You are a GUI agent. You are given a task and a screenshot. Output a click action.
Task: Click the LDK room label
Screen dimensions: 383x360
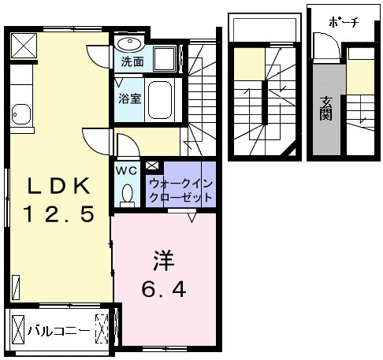click(x=59, y=186)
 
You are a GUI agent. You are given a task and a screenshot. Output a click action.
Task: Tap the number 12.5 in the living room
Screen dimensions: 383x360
click(x=59, y=214)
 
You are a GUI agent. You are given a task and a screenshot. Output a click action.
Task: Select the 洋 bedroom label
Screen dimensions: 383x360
click(x=164, y=261)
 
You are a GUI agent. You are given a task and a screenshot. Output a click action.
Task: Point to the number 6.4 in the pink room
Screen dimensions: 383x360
click(x=164, y=289)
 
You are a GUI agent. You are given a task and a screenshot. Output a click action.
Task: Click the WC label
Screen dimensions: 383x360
click(x=127, y=171)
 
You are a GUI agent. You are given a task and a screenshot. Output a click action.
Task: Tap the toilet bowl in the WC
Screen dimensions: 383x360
click(x=128, y=194)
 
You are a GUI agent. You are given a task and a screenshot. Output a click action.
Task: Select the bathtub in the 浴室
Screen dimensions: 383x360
click(x=160, y=100)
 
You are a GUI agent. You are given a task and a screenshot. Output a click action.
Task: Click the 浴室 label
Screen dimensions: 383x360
click(x=130, y=98)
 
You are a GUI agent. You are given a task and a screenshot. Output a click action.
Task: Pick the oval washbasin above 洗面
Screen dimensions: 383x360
click(x=129, y=44)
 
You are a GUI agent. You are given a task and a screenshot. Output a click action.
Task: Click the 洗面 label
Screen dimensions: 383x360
click(x=132, y=61)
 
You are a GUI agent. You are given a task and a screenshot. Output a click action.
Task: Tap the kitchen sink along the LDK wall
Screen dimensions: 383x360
click(x=21, y=114)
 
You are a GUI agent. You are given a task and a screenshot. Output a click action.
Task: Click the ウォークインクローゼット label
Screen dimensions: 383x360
click(x=181, y=190)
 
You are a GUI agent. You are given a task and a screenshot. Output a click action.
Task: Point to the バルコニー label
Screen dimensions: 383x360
click(x=59, y=331)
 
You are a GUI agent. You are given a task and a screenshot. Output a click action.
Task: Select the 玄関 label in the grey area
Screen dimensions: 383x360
click(x=325, y=109)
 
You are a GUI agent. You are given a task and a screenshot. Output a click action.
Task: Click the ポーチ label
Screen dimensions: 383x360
click(x=344, y=22)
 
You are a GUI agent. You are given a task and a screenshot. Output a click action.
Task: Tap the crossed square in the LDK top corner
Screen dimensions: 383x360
click(x=24, y=46)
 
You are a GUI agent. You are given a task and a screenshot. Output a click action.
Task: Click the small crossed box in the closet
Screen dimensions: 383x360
click(x=152, y=165)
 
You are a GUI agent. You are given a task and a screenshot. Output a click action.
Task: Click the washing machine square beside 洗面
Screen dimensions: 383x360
click(x=165, y=59)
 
